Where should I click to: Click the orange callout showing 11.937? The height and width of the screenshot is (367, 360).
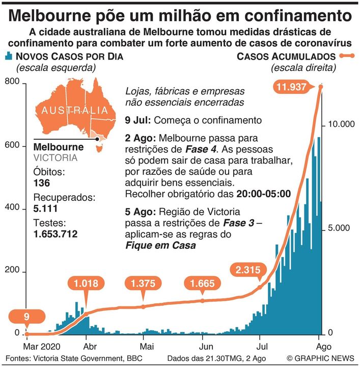[x=292, y=87]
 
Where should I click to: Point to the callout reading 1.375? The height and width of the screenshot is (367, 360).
[x=144, y=283]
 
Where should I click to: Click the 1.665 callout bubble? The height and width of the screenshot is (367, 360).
[x=203, y=283]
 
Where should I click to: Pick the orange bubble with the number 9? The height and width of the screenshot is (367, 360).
[x=26, y=317]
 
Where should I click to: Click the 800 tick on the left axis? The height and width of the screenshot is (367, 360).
[x=12, y=82]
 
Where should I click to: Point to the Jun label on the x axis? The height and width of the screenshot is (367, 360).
[x=203, y=345]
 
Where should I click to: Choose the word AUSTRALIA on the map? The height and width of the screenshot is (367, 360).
[x=75, y=110]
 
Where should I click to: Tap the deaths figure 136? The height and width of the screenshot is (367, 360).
[x=42, y=182]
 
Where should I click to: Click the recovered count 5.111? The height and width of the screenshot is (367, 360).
[x=45, y=208]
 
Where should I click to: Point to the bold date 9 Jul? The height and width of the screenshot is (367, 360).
[x=139, y=121]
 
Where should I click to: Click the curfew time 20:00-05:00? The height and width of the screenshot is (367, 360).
[x=263, y=194]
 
